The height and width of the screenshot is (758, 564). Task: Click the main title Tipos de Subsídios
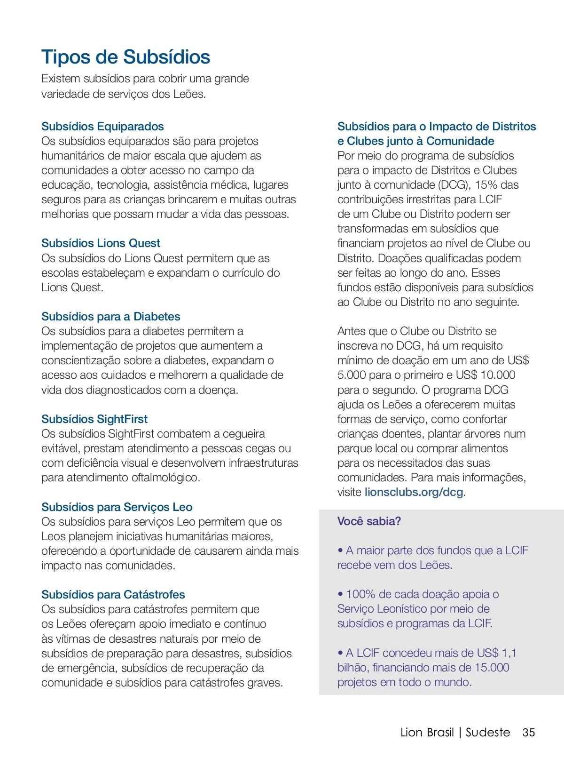125,57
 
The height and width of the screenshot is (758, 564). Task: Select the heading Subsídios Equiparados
102,127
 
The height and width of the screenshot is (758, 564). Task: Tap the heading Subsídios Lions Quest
101,243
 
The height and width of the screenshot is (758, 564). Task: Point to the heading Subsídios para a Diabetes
110,317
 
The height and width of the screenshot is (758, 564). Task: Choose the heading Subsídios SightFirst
94,419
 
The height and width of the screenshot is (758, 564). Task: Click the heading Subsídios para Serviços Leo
117,507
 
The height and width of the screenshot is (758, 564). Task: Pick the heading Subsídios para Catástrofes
113,595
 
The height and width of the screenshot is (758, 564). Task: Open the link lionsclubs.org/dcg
414,492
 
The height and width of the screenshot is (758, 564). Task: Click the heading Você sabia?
369,521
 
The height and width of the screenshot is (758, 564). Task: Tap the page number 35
529,733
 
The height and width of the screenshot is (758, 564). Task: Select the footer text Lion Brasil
427,733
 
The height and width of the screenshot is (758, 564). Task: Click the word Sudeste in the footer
487,733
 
